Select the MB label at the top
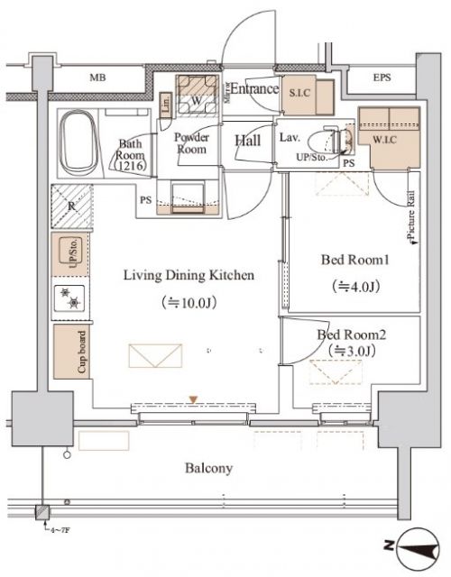tap(97, 78)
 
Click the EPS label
tap(383, 78)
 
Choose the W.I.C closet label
tap(389, 139)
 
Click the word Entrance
tap(253, 89)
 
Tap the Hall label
tap(248, 140)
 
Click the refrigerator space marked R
tap(71, 206)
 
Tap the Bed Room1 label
tap(354, 261)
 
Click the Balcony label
tap(209, 468)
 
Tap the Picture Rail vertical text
tap(410, 220)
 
